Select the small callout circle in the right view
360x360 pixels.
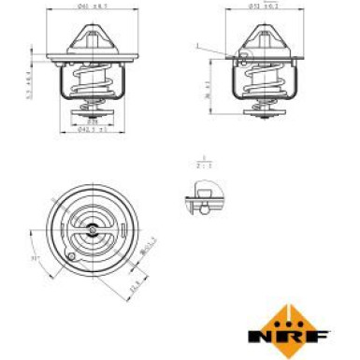[242, 56]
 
